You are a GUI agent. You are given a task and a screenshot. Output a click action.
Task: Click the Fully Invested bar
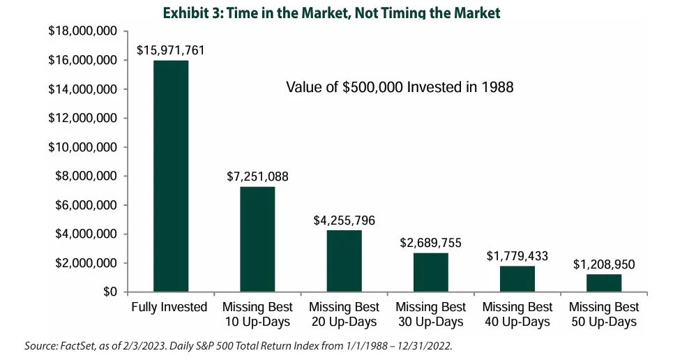pyautogui.click(x=170, y=176)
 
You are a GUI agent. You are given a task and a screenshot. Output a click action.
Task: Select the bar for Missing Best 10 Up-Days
pyautogui.click(x=257, y=239)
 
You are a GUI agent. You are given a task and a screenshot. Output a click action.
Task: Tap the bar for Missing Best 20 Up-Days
pyautogui.click(x=344, y=261)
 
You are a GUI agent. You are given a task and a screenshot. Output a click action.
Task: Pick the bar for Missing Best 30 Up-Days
pyautogui.click(x=430, y=272)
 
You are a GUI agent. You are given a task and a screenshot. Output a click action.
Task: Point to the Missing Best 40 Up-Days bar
pyautogui.click(x=517, y=279)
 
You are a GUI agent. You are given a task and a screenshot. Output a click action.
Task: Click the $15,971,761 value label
pyautogui.click(x=171, y=51)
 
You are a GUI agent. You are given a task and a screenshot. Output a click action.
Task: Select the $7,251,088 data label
pyautogui.click(x=257, y=177)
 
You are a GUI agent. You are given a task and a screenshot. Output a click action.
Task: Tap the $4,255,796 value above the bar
pyautogui.click(x=344, y=220)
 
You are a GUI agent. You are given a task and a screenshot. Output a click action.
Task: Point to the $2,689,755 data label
pyautogui.click(x=430, y=243)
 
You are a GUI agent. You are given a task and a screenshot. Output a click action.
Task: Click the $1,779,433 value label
pyautogui.click(x=517, y=256)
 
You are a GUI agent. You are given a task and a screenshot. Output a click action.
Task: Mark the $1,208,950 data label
pyautogui.click(x=603, y=264)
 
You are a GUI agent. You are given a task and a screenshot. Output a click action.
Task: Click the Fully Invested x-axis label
pyautogui.click(x=169, y=307)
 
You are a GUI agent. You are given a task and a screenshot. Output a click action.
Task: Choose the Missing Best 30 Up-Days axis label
pyautogui.click(x=430, y=314)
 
